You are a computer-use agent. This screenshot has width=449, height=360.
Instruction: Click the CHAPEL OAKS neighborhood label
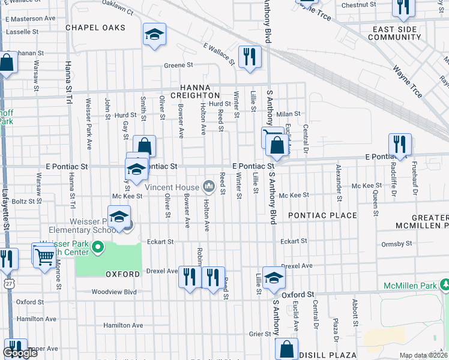tap(95, 28)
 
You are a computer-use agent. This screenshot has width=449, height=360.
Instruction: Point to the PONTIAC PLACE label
tap(322, 215)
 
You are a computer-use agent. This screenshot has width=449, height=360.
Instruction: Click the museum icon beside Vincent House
tap(209, 187)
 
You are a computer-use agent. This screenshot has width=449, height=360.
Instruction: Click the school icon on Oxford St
tap(274, 278)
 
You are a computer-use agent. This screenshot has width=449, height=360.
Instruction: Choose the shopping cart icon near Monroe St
tap(44, 256)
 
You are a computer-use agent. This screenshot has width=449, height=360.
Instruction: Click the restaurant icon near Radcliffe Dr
tap(400, 144)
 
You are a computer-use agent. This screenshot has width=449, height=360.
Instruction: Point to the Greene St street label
tap(178, 65)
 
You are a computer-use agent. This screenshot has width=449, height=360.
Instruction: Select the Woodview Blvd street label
tap(114, 292)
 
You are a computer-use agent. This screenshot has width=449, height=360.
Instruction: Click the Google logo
tap(20, 353)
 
